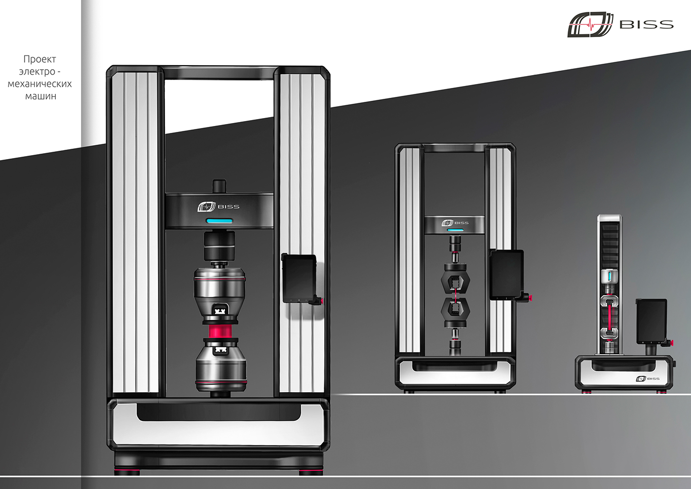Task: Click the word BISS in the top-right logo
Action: (x=646, y=25)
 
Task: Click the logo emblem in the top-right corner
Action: (x=590, y=24)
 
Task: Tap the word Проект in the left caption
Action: (x=40, y=59)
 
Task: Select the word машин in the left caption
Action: (x=40, y=96)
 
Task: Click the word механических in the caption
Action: (x=40, y=83)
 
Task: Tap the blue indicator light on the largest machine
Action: (x=219, y=221)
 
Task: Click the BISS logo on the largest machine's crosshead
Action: (x=218, y=206)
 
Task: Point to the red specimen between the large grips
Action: (x=220, y=331)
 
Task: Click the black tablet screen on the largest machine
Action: (x=299, y=278)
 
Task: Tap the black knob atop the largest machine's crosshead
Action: (x=219, y=187)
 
